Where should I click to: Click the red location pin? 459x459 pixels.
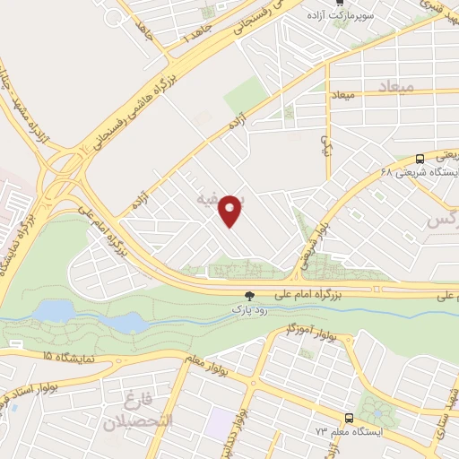point(232,211)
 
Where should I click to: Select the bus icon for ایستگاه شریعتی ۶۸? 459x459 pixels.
point(420,157)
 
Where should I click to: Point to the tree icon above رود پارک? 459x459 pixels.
point(250,295)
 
